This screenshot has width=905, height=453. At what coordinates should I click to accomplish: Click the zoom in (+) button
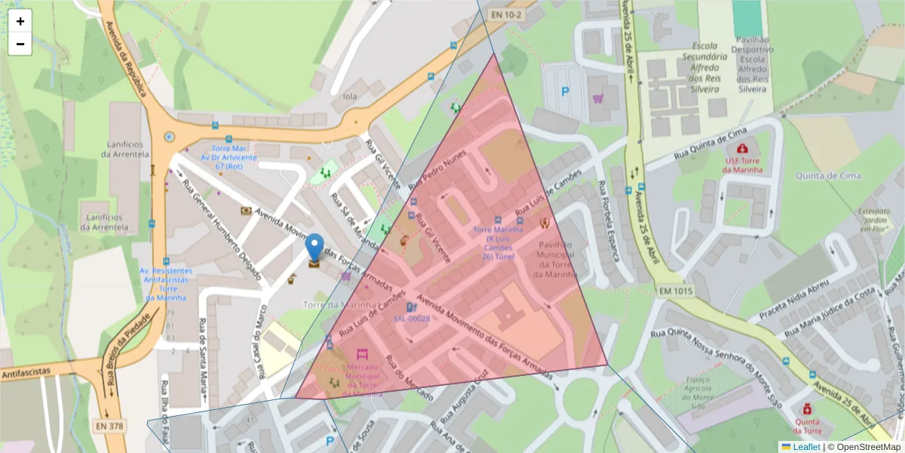tap(20, 21)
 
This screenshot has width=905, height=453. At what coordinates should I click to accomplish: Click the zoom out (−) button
tap(20, 44)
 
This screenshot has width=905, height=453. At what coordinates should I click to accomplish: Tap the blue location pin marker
tap(314, 248)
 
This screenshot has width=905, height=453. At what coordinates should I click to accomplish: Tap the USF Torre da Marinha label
tap(744, 165)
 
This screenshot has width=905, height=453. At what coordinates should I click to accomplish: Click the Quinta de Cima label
tap(827, 176)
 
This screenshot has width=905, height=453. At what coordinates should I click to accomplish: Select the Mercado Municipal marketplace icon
tap(362, 354)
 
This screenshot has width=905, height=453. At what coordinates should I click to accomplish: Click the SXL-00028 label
tap(411, 319)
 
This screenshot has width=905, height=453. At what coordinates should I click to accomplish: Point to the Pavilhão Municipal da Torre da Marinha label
tap(555, 259)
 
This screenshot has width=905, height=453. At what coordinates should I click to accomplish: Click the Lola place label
tap(349, 97)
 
